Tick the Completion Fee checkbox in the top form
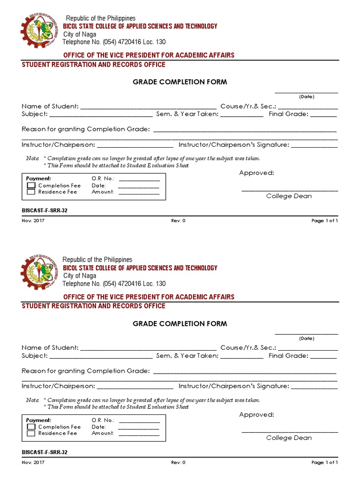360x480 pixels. [31, 186]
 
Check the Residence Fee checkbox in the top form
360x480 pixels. [31, 192]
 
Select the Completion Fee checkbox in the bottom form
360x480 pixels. [31, 427]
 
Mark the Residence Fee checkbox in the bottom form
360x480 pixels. [31, 434]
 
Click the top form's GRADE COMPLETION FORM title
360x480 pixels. [180, 82]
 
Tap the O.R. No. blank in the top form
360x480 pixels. [139, 180]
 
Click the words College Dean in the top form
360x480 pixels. [289, 196]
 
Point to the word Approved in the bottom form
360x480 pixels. [256, 415]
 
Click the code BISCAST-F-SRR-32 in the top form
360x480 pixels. [45, 210]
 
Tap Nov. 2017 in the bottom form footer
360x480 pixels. [33, 462]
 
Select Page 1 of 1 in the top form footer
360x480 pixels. [324, 221]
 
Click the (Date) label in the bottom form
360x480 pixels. [307, 338]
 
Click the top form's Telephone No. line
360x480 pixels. [114, 42]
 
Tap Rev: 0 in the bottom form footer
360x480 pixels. [178, 462]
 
